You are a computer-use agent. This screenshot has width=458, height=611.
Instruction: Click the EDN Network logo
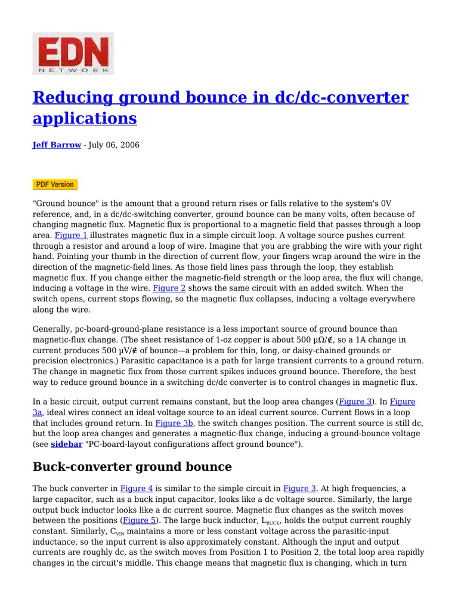(x=73, y=54)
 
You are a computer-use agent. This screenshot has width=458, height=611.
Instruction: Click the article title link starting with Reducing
(x=220, y=107)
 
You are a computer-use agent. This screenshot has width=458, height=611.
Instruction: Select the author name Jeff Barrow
(x=57, y=145)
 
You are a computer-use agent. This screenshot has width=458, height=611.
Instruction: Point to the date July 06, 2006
(x=114, y=145)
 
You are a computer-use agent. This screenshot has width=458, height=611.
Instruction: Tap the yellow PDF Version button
(x=55, y=184)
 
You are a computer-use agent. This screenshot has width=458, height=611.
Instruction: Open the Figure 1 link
(x=71, y=236)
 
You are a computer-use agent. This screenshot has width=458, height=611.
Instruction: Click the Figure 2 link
(x=169, y=288)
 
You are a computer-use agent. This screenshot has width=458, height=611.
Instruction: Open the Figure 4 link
(x=137, y=488)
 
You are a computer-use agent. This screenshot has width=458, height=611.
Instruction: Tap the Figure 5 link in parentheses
(x=140, y=520)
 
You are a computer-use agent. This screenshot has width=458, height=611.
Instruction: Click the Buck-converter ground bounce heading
(x=132, y=467)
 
